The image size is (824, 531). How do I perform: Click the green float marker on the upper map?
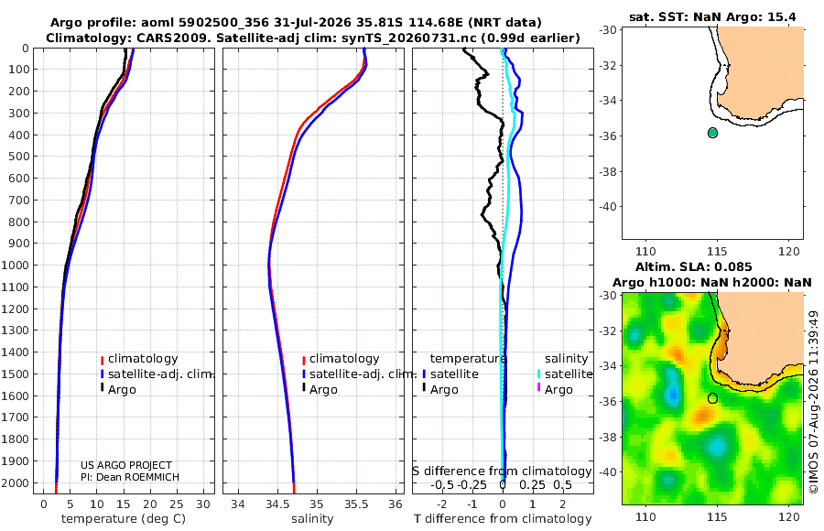tap(712, 133)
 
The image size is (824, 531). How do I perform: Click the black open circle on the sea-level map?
tap(712, 398)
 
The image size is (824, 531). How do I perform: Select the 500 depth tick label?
tap(18, 157)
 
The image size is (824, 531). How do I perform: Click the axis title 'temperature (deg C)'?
tap(124, 518)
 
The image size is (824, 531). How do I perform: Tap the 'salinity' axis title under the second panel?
tap(313, 518)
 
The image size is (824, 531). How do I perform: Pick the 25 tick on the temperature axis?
tap(177, 504)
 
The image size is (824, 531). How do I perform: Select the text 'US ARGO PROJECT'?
tap(126, 465)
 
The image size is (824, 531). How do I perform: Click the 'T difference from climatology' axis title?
tap(503, 518)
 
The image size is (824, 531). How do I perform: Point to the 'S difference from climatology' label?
tap(502, 471)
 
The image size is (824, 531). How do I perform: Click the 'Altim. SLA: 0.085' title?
tap(694, 267)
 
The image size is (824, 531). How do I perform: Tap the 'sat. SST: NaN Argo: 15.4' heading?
tap(712, 16)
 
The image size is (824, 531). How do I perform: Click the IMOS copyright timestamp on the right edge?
tap(814, 402)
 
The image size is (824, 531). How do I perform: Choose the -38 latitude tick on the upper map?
tap(608, 171)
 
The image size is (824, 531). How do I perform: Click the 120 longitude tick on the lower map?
tap(789, 516)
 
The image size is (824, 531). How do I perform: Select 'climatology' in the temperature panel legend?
tap(143, 359)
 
